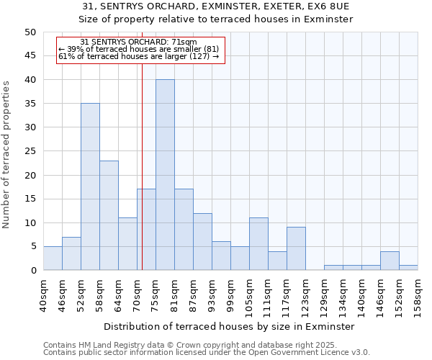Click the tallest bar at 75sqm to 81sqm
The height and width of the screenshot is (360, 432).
(165, 175)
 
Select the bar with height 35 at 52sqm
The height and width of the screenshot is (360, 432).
(90, 186)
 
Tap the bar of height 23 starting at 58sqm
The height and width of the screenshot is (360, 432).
(109, 215)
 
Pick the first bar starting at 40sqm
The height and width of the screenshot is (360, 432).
(53, 258)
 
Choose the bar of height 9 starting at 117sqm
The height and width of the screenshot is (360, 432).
(296, 248)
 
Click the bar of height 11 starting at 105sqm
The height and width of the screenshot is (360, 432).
(258, 244)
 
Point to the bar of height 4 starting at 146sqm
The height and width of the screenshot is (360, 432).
(390, 261)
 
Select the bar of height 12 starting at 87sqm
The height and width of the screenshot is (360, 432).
(202, 242)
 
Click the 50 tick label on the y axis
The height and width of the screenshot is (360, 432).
(30, 32)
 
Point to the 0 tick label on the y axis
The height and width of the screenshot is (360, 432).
(32, 271)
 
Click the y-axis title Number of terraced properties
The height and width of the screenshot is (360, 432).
(7, 154)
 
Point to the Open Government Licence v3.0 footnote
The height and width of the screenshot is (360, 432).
(207, 353)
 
